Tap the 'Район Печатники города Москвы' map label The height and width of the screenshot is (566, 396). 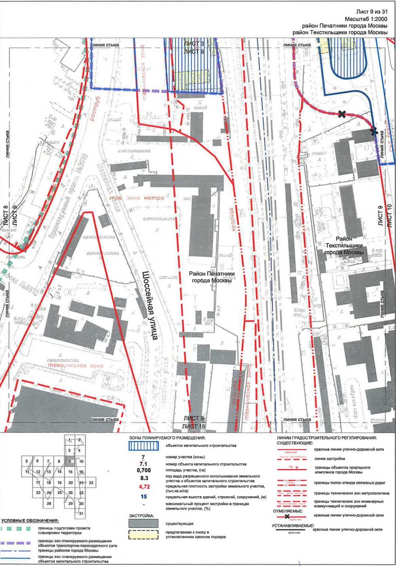pos(210,277)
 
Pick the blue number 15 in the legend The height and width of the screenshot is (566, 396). pos(142,496)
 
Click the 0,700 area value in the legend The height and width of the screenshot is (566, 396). pos(142,470)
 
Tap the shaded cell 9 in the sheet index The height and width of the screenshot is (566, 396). pos(69,461)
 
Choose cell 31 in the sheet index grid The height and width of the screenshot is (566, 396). pos(81,514)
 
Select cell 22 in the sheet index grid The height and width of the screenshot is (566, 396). pos(92,483)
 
